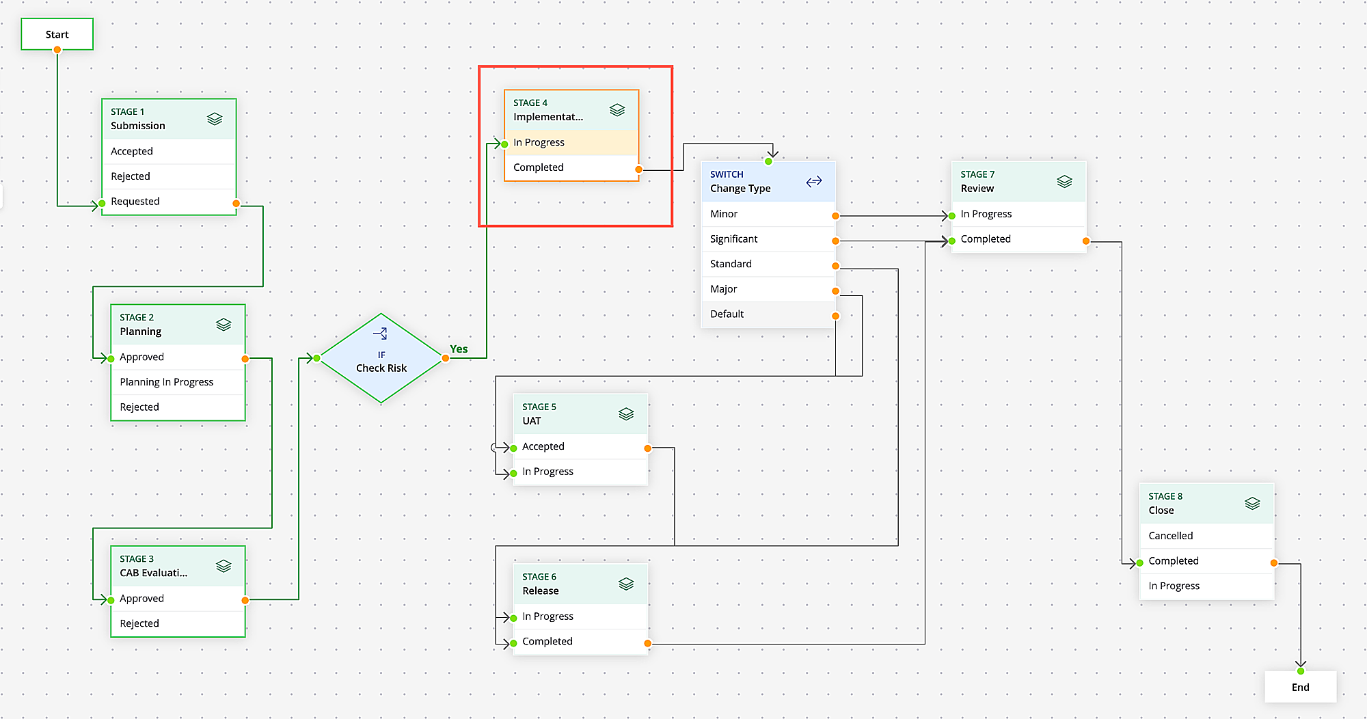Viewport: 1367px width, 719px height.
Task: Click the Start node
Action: [x=57, y=34]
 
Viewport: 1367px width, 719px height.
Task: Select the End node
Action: [x=1300, y=687]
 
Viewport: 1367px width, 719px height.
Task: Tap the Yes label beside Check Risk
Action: [x=459, y=349]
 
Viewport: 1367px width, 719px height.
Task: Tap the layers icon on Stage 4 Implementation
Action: [x=617, y=110]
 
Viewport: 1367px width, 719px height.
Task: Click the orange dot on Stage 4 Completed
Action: [x=638, y=169]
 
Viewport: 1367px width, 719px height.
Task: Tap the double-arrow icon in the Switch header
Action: [x=813, y=182]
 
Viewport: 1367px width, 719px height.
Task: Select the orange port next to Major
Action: [x=835, y=291]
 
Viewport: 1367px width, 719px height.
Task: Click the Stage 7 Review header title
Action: [x=977, y=189]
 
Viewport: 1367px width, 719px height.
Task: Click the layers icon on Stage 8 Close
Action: [x=1252, y=504]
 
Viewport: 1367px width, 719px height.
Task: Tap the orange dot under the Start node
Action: [x=57, y=50]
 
